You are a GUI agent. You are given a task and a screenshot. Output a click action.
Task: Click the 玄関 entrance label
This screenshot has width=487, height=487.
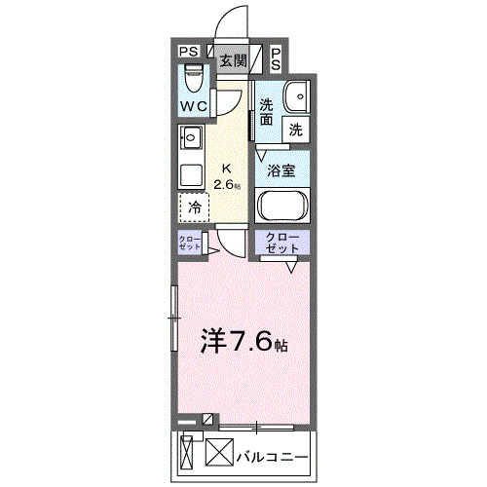tap(232, 60)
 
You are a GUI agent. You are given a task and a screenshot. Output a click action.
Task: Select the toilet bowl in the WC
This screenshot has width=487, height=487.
tap(192, 77)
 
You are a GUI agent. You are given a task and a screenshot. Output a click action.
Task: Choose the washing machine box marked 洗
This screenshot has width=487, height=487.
tap(294, 127)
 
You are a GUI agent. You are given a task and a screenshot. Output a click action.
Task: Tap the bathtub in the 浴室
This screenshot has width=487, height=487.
tap(283, 207)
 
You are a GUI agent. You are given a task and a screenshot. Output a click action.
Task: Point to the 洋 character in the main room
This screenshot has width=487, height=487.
tap(213, 340)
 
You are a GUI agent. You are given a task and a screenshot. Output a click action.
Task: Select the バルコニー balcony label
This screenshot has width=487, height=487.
tap(274, 455)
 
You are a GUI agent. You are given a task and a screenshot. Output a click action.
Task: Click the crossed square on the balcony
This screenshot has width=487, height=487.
tap(221, 454)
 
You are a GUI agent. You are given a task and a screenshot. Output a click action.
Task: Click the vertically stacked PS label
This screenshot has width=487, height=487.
tap(276, 58)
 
